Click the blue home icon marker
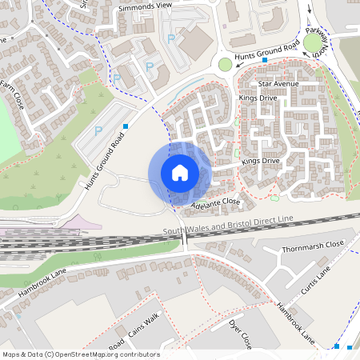click(x=179, y=173)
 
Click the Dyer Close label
click(x=242, y=333)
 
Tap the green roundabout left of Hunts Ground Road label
click(x=226, y=64)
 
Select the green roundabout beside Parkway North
click(x=312, y=42)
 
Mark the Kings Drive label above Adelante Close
click(x=261, y=161)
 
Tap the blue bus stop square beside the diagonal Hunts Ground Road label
click(x=126, y=126)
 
